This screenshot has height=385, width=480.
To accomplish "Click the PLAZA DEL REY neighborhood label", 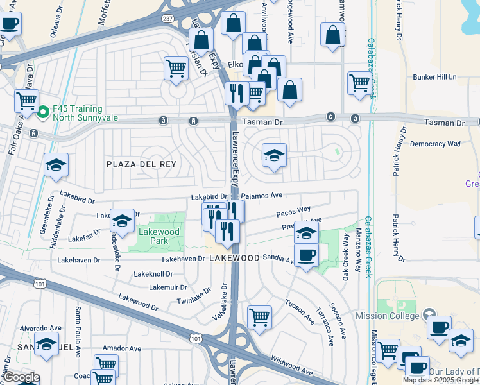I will (x=141, y=164).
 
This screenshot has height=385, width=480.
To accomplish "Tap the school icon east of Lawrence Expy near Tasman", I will (x=274, y=155).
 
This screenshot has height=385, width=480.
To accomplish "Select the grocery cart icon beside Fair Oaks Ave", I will (x=26, y=100).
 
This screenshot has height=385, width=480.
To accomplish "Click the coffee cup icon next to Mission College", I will (x=439, y=327).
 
